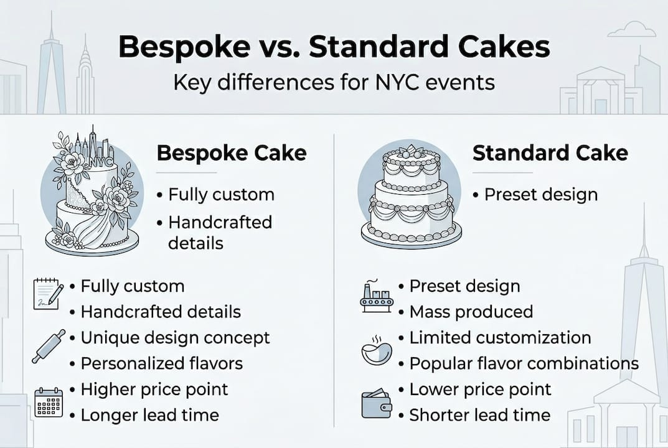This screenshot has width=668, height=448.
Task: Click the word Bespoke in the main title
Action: tap(184, 47)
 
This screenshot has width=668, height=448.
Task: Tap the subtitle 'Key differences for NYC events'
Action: tap(334, 82)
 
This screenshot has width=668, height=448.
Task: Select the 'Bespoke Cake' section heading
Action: tap(232, 153)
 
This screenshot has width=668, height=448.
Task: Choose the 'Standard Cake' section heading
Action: tap(550, 153)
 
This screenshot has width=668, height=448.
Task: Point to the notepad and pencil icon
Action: tap(48, 294)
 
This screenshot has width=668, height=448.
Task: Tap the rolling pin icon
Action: tap(49, 346)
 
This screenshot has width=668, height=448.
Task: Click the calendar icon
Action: tap(48, 402)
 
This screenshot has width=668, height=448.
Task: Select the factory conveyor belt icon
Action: tap(377, 296)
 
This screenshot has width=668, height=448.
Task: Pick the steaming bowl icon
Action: tap(377, 350)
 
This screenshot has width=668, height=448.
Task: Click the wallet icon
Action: tap(377, 403)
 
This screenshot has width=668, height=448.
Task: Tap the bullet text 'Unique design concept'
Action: tap(176, 338)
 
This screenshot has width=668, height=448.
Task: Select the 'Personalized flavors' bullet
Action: tap(162, 363)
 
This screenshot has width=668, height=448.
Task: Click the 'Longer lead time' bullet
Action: tap(150, 415)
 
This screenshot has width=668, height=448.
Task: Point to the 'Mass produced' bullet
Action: tap(471, 312)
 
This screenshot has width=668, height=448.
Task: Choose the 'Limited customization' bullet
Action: tap(500, 338)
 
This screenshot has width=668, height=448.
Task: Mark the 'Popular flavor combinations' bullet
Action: tap(524, 363)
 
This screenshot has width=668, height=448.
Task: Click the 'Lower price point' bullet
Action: tap(481, 390)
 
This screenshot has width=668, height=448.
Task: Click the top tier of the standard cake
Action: tap(411, 167)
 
